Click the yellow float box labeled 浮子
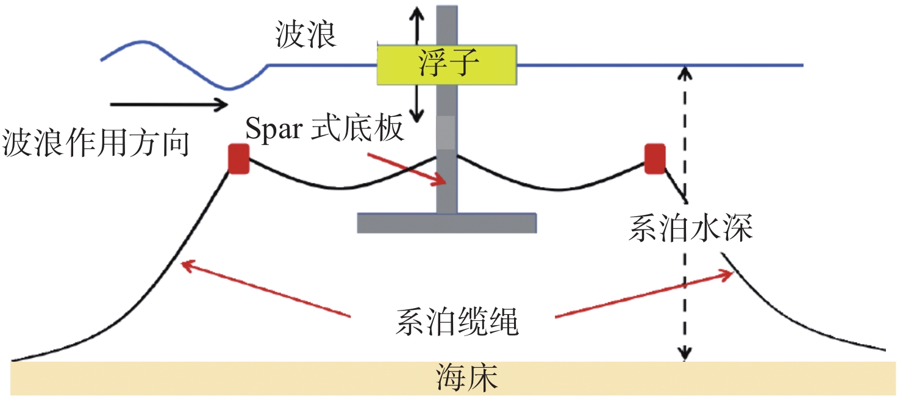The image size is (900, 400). point(447,63)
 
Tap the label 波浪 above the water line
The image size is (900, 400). point(305,36)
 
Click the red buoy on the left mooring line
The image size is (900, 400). point(238,159)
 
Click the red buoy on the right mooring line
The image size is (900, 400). point(655,158)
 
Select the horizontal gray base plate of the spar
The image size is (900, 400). point(446,223)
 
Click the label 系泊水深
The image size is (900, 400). point(691,229)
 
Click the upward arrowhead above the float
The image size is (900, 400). point(416,13)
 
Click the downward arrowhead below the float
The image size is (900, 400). point(416,113)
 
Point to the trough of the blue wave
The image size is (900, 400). point(228,88)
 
